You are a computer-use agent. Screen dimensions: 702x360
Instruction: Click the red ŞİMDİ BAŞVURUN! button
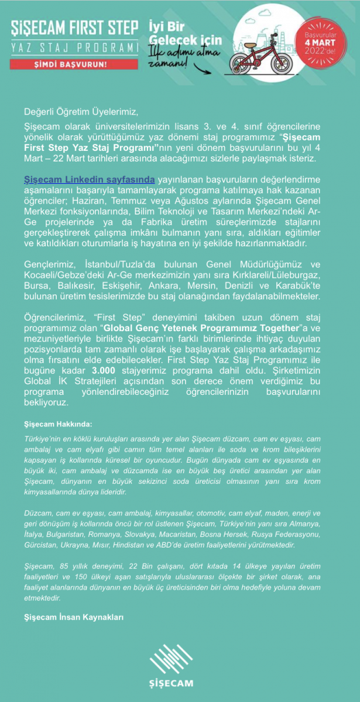click(74, 64)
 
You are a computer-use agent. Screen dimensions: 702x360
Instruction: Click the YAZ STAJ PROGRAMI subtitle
click(74, 46)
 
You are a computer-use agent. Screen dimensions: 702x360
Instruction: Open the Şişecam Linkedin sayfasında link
click(90, 178)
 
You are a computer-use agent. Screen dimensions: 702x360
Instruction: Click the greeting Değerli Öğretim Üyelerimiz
click(83, 112)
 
